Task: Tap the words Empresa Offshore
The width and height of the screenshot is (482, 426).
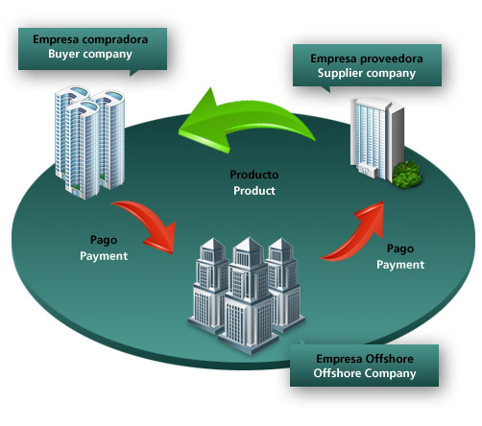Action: click(x=365, y=359)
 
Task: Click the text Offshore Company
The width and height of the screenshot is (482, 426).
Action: click(x=365, y=374)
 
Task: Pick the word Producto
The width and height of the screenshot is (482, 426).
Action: click(x=253, y=176)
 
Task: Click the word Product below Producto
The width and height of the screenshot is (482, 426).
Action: click(x=253, y=191)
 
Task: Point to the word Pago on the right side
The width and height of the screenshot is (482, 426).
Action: click(x=400, y=248)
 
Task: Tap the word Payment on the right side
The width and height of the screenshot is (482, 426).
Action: click(x=400, y=263)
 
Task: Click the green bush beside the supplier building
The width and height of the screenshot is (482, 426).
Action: click(x=407, y=174)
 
